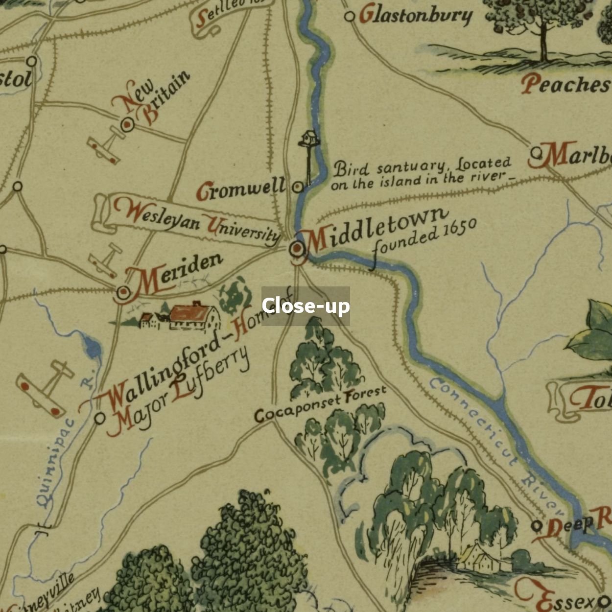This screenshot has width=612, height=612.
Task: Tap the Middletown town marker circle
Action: pyautogui.click(x=297, y=249)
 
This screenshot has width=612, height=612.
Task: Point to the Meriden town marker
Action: pyautogui.click(x=123, y=293)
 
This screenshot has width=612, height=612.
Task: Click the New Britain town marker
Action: pyautogui.click(x=127, y=124)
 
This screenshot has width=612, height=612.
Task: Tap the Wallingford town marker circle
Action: pyautogui.click(x=100, y=418)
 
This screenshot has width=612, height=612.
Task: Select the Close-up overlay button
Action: pyautogui.click(x=306, y=306)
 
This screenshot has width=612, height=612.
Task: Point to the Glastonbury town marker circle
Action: pyautogui.click(x=349, y=17)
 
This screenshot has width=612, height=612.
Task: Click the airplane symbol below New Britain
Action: pyautogui.click(x=105, y=145)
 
